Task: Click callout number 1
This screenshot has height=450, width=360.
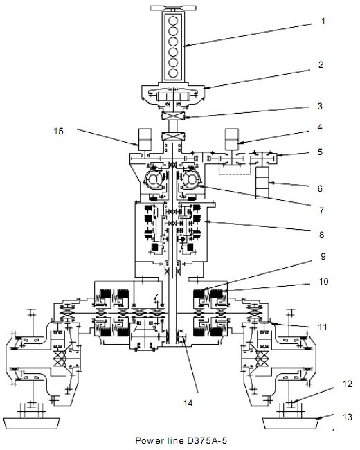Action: pos(323,21)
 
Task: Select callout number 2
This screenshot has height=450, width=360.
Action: pos(321,64)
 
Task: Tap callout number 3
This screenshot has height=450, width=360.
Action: pos(320,106)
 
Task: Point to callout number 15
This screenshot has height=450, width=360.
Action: pos(59,131)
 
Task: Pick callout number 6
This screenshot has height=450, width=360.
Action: pos(320,188)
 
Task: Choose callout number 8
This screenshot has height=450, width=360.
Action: pos(321,235)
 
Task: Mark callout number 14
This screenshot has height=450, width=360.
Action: pos(188,403)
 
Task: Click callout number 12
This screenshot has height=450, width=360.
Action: pos(348,384)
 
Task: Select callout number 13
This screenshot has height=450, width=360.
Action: pos(348,417)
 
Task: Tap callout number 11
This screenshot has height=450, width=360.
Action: pos(323,327)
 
